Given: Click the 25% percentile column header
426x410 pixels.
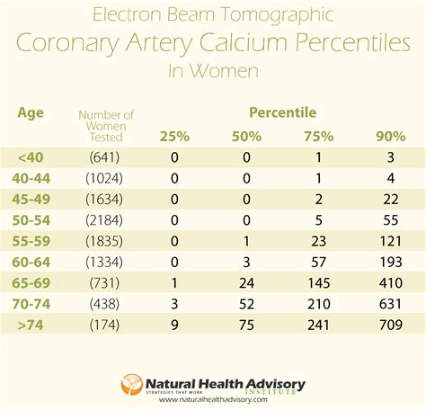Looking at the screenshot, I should point(175,136).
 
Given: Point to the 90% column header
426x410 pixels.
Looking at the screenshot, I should point(391,136).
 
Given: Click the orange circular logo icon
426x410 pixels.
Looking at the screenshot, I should point(132,384).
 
